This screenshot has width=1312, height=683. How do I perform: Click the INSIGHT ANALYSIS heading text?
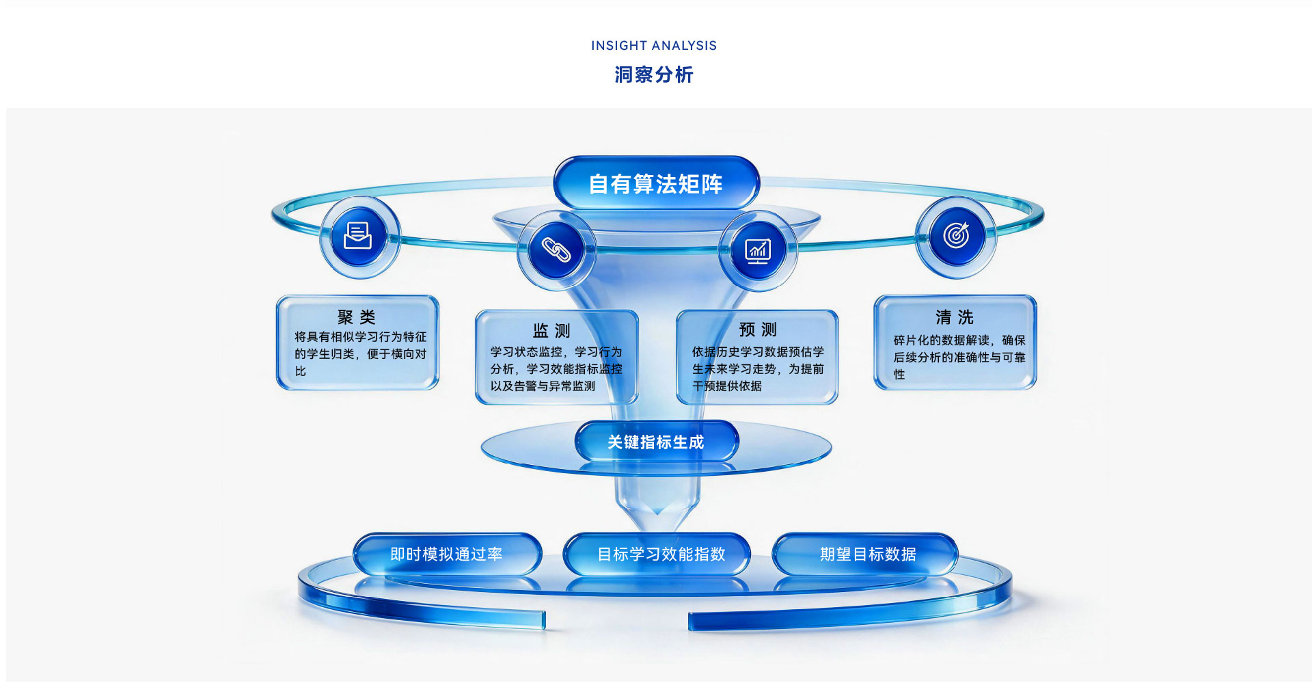pos(654,46)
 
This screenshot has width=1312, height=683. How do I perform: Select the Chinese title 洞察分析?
pos(654,75)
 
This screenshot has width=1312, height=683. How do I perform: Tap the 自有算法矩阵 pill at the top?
pos(656,183)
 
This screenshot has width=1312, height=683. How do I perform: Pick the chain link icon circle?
pos(556,250)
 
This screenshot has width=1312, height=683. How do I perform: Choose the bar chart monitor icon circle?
pos(758,250)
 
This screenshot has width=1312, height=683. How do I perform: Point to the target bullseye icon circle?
pos(956,236)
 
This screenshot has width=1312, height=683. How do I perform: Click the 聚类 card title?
pos(356,317)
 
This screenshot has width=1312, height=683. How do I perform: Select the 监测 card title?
pos(551,331)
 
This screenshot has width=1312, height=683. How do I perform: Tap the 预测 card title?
pos(758,330)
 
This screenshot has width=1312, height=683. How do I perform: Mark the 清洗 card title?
pos(955,317)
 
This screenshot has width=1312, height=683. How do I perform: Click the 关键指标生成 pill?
pos(656,442)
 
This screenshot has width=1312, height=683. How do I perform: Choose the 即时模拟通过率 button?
pos(447,554)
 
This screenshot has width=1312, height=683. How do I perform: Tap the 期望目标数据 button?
pos(866,554)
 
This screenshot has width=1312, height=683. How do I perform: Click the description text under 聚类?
pos(360,354)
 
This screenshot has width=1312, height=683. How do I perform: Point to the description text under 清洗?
pos(959,358)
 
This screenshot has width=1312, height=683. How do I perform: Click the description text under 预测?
pos(758,369)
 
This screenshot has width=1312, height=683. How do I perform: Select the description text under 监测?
pos(556,369)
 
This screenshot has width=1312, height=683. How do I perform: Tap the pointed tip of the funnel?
pos(657,531)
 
